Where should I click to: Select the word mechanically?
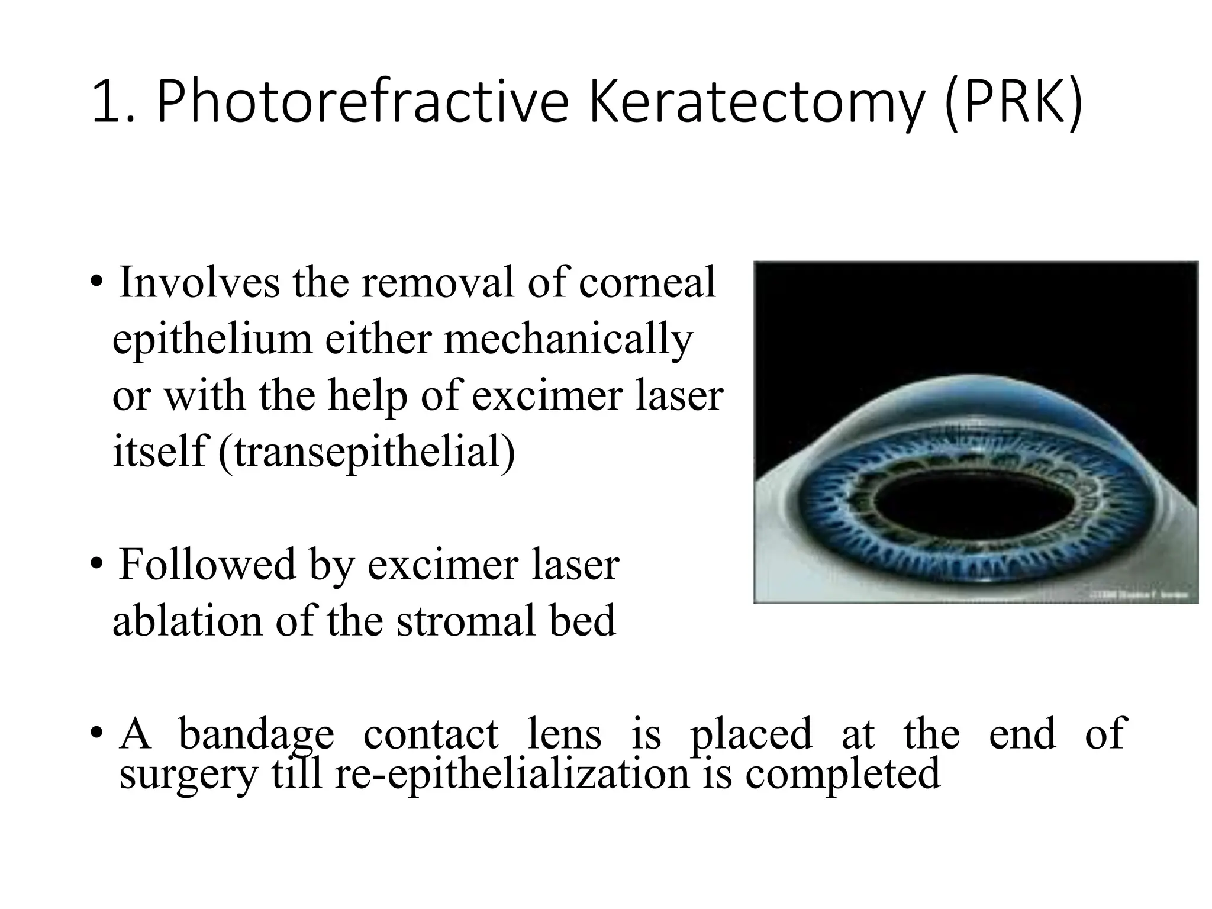tap(568, 340)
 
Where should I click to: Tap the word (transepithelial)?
tap(367, 452)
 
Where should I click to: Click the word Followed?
tap(208, 564)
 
